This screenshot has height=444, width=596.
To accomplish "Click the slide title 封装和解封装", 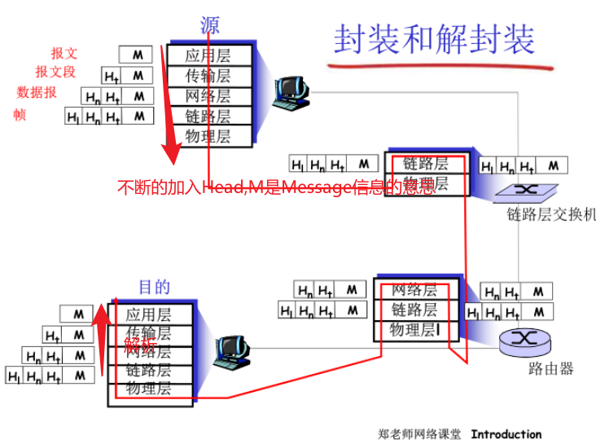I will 434,38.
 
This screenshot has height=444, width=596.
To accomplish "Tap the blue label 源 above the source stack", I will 210,25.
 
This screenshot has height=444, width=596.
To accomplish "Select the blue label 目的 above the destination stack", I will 154,287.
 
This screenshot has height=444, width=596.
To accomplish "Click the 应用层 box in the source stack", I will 208,56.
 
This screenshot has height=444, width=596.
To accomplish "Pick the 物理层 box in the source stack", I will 208,135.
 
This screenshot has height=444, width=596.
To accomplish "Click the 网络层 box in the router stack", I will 414,290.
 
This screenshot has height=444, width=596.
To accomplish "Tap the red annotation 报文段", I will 55,72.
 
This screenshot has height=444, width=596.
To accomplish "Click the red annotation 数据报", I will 37,92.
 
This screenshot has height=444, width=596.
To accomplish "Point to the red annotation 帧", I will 20,115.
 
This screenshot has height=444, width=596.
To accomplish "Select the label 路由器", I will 550,369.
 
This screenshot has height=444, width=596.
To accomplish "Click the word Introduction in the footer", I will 506,434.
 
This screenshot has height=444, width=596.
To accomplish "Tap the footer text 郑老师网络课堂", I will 419,434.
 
